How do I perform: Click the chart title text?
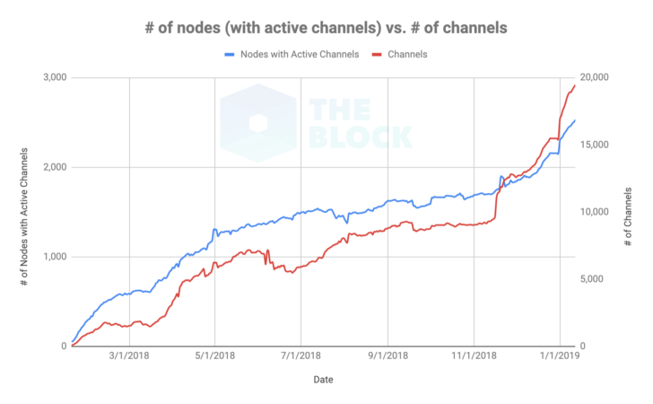pyautogui.click(x=326, y=28)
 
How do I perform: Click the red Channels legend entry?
pyautogui.click(x=406, y=55)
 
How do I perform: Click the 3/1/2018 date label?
pyautogui.click(x=128, y=356)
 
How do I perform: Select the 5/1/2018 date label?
pyautogui.click(x=214, y=356)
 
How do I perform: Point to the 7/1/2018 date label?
pyautogui.click(x=301, y=356)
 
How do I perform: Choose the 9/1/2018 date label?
pyautogui.click(x=387, y=356)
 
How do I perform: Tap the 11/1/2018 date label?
pyautogui.click(x=474, y=356)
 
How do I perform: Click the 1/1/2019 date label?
pyautogui.click(x=561, y=356)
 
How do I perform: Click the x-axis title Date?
pyautogui.click(x=324, y=380)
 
